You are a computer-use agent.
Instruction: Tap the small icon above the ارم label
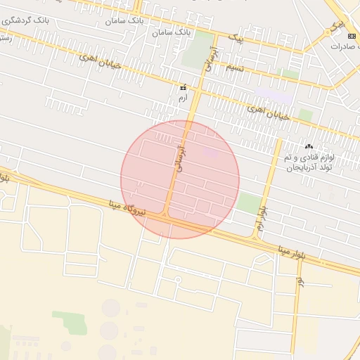pyautogui.click(x=184, y=87)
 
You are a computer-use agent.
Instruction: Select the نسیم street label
pyautogui.click(x=234, y=67)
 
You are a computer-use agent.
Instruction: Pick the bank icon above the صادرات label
pyautogui.click(x=352, y=35)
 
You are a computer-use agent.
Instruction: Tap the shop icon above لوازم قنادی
pyautogui.click(x=309, y=147)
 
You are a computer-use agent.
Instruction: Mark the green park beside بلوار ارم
pyautogui.click(x=247, y=204)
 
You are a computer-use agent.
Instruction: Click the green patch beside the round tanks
pyautogui.click(x=70, y=322)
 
